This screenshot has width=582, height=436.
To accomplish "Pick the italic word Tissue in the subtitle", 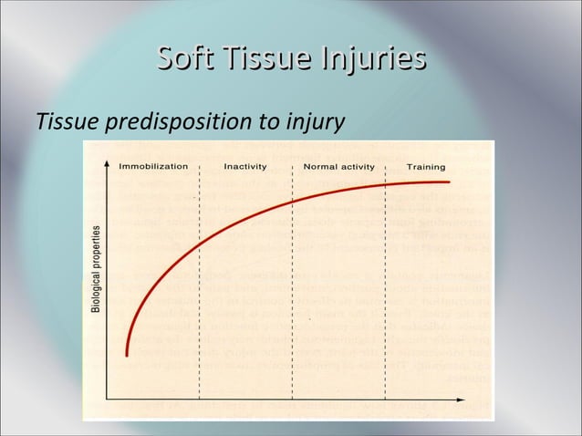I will tap(68, 120).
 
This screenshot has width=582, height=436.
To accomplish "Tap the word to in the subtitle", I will tap(268, 121).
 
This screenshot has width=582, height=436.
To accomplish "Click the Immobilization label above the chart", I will tap(153, 167).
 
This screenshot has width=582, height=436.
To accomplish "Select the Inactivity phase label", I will tap(245, 167).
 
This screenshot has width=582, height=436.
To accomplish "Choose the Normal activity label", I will tap(338, 167).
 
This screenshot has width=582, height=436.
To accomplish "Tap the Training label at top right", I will tap(426, 167).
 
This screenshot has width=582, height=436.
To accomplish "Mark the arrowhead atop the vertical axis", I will tap(108, 179).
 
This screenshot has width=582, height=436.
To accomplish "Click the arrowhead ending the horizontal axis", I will tap(475, 399).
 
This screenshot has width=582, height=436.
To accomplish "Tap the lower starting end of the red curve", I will tap(127, 355).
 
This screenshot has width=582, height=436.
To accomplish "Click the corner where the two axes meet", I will tap(108, 399).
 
